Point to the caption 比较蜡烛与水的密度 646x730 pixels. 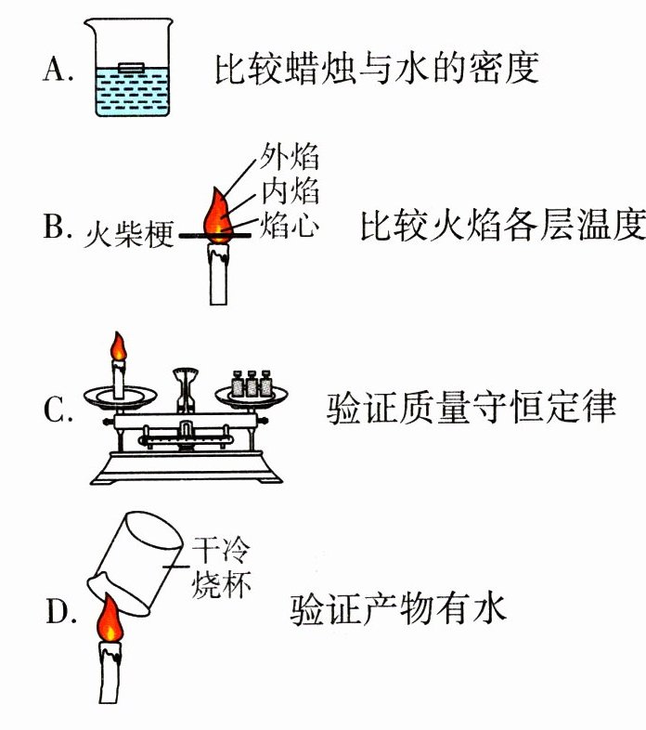point(377,69)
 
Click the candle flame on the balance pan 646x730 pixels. point(118,347)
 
